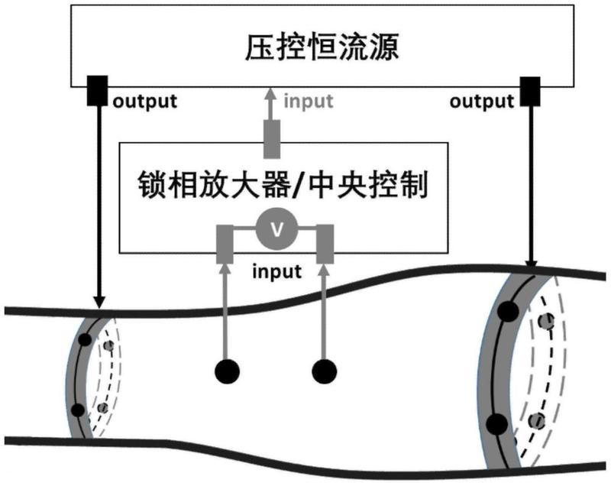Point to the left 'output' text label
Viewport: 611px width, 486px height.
[145, 99]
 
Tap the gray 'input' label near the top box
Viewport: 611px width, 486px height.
[309, 99]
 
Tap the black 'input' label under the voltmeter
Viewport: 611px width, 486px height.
[276, 271]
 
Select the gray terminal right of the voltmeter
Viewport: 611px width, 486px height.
[325, 244]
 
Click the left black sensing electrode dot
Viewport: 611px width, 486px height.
[227, 372]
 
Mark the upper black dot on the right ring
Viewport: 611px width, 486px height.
[506, 312]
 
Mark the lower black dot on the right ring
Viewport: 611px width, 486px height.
[496, 423]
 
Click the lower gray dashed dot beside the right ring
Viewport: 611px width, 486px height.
[538, 420]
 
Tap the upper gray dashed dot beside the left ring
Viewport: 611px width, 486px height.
[109, 346]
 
